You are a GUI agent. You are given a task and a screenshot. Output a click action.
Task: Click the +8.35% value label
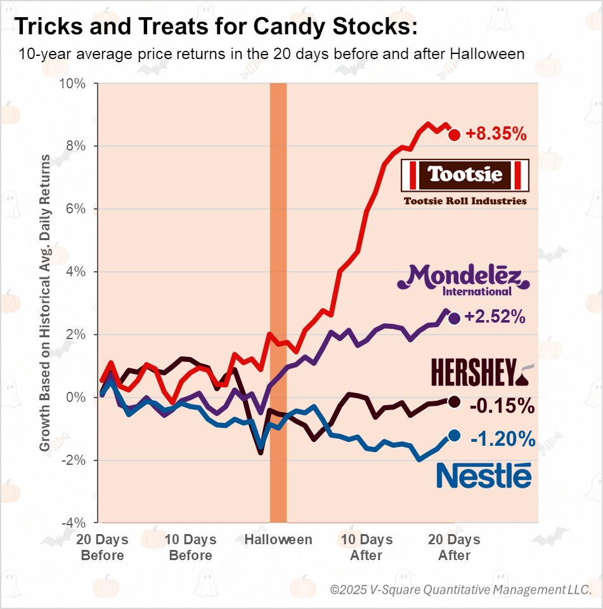pyautogui.click(x=496, y=135)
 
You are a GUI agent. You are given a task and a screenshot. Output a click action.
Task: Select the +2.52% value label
pyautogui.click(x=495, y=318)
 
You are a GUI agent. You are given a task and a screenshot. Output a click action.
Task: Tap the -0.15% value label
pyautogui.click(x=502, y=405)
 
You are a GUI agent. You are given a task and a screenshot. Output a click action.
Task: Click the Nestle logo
pyautogui.click(x=484, y=476)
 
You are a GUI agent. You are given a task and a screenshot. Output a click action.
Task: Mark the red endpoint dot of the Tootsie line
pyautogui.click(x=454, y=135)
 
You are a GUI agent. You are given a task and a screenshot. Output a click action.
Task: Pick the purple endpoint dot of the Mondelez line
pyautogui.click(x=454, y=318)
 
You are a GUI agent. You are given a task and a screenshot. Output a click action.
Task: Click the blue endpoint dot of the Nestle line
pyautogui.click(x=454, y=435)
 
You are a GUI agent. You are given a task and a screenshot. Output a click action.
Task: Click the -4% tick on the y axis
pyautogui.click(x=75, y=523)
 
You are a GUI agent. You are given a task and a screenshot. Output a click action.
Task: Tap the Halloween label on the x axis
pyautogui.click(x=278, y=540)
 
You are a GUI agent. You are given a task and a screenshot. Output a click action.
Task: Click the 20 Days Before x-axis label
pyautogui.click(x=102, y=547)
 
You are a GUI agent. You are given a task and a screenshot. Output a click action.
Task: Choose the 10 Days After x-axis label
pyautogui.click(x=366, y=547)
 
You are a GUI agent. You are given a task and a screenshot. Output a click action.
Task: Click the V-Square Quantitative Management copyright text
pyautogui.click(x=461, y=590)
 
